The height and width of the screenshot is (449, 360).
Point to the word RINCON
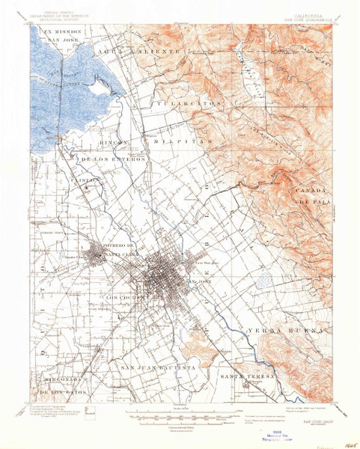coord(114,141)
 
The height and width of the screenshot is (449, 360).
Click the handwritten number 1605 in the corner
coord(344,433)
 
